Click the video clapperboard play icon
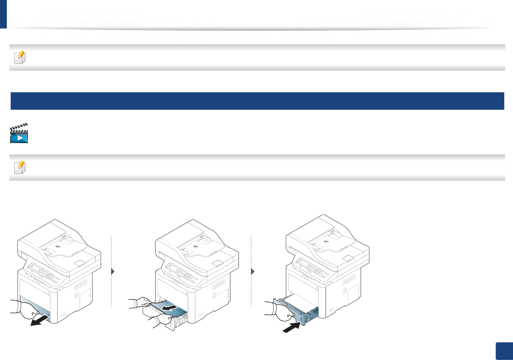(19, 133)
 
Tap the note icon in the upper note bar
(20, 58)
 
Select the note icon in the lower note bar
(20, 168)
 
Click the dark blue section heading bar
(257, 101)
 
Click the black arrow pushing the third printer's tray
(291, 328)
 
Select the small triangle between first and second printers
(113, 271)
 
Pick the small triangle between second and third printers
(253, 271)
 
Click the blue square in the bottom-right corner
(504, 351)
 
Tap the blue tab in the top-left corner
(3, 14)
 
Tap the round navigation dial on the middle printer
(182, 274)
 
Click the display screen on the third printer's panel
(303, 261)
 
